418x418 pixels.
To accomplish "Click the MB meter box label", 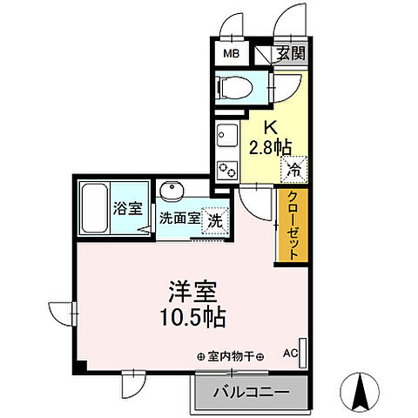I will coord(231,54).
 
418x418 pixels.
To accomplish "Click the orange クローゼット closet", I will coord(292,226).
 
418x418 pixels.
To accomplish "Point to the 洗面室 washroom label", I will coord(178,219).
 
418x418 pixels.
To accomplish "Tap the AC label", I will coord(289,354).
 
